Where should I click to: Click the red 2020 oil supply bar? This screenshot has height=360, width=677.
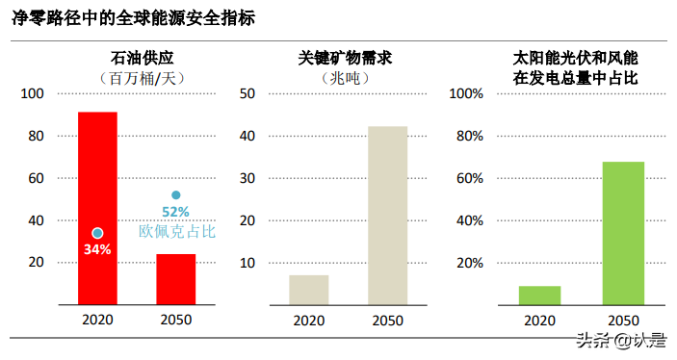97,207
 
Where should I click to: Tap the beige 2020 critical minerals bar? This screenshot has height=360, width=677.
308,290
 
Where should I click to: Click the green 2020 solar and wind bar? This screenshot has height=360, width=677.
539,295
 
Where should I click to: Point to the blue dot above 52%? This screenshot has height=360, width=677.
175,195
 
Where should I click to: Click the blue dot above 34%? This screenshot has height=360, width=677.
97,233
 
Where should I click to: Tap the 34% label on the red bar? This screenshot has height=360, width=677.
97,249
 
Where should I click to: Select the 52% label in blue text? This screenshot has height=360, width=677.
175,212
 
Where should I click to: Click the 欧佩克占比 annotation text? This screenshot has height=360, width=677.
177,231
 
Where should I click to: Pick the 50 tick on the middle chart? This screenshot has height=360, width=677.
246,93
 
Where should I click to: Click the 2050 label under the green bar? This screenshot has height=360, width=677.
623,321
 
